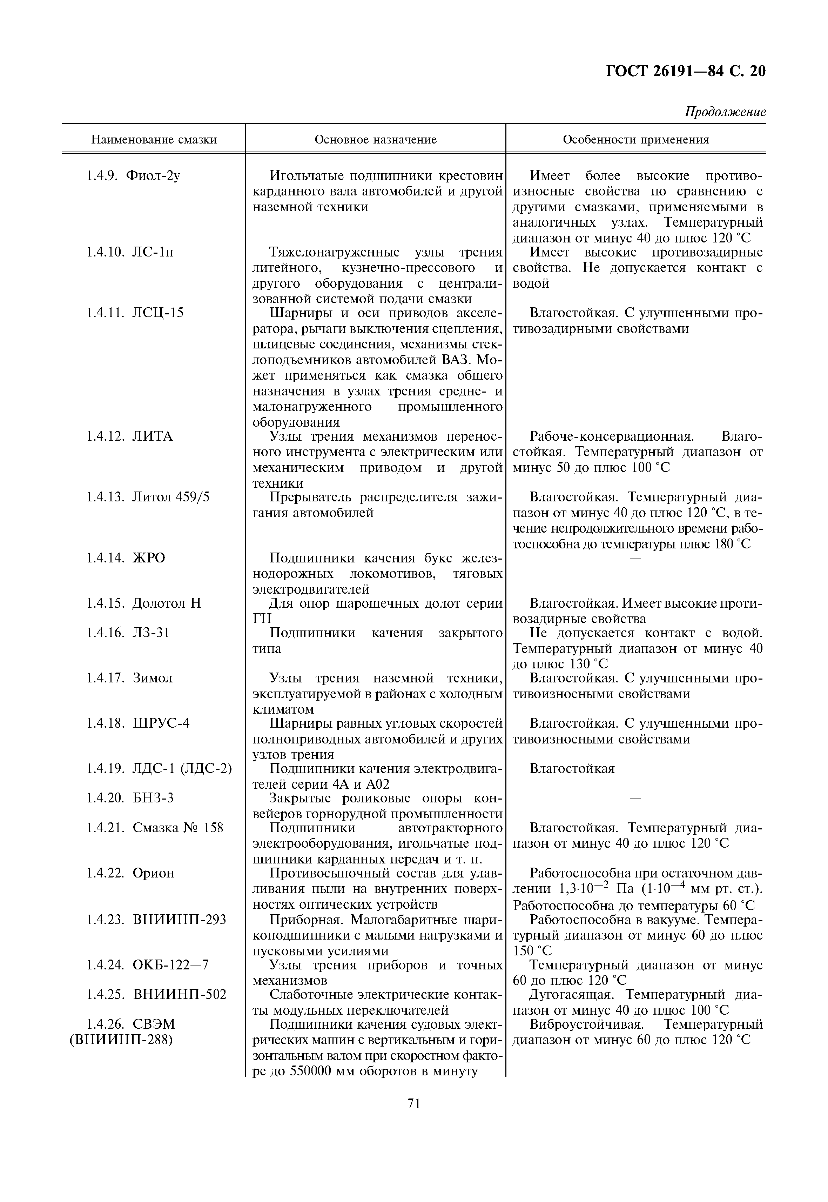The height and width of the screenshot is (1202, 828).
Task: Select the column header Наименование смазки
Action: pos(154,140)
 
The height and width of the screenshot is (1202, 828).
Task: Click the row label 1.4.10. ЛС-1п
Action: pos(130,253)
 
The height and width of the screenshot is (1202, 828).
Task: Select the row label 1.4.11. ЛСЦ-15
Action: pos(135,313)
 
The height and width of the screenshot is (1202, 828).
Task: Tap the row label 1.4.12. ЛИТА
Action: pos(130,436)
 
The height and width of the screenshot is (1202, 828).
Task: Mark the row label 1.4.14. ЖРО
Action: pos(126,558)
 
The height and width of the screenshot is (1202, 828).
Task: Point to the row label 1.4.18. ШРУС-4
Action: pos(138,723)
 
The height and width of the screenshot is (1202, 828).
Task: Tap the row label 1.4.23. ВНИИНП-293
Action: pos(156,920)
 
